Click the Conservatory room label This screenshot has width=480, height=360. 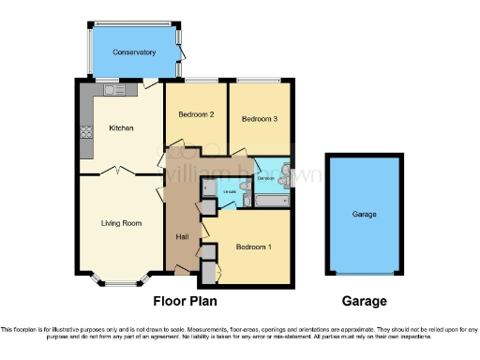coord(134,52)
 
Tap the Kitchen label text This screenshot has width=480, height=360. coord(122,127)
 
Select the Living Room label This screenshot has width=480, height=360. coord(121,223)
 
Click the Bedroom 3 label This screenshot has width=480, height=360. coord(259,119)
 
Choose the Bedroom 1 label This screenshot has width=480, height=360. coord(253,247)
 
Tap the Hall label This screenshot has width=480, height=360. coord(183,236)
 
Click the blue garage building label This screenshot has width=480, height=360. coord(365,215)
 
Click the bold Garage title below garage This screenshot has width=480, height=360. coord(365,302)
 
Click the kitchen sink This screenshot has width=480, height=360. coord(114,90)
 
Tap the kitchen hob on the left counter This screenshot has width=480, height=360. coord(86,132)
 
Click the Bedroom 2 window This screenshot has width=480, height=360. coord(198,81)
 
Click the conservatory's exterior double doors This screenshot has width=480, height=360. coord(180,52)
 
